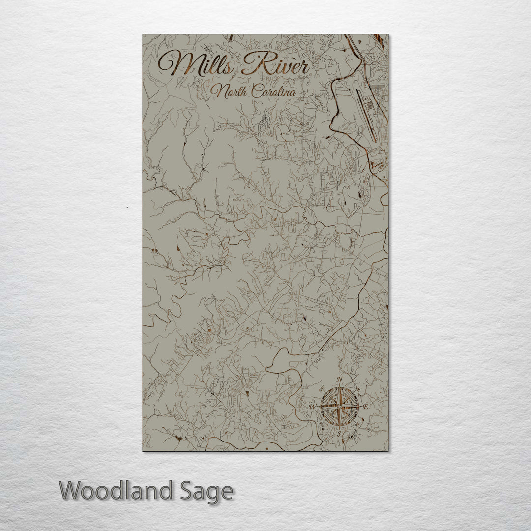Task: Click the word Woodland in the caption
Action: (x=116, y=491)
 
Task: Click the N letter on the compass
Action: (x=340, y=379)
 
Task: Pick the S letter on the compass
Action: (x=339, y=434)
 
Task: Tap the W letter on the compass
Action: (x=312, y=407)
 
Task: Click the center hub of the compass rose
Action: (x=339, y=407)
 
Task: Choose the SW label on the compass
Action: (x=321, y=425)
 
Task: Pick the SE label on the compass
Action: (x=357, y=425)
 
